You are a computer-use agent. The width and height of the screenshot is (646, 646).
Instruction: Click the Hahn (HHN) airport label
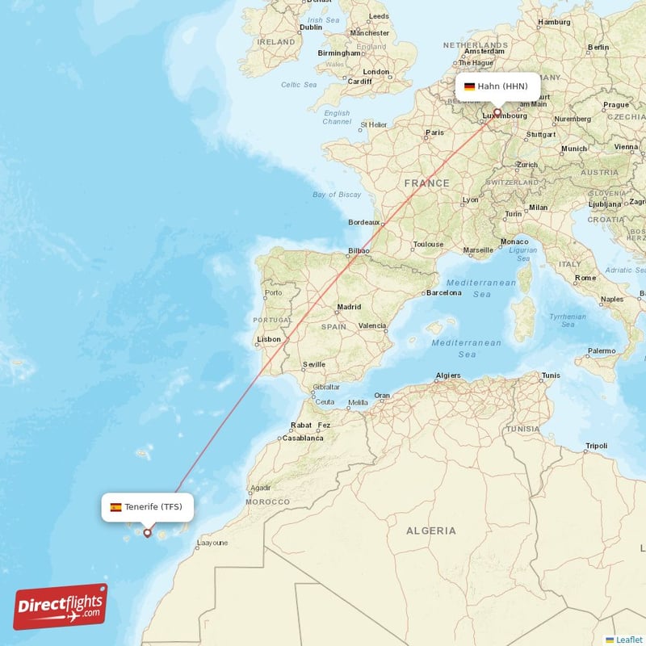point(502,86)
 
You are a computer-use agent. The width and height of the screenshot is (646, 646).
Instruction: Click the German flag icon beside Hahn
point(469,86)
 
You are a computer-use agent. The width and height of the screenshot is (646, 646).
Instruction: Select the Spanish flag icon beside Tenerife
point(116,507)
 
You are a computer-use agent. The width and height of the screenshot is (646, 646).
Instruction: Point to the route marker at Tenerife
point(147,532)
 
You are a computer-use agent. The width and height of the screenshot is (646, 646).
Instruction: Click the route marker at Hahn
point(497,113)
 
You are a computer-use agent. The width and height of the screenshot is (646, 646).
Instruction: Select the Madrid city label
point(349,307)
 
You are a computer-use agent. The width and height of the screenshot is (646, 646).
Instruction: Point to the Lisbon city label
point(268,340)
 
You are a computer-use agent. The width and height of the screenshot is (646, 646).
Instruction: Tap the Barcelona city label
point(443,292)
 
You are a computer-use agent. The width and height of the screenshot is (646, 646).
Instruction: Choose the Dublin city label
point(311,27)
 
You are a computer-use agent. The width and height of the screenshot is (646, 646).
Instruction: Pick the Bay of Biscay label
point(337,195)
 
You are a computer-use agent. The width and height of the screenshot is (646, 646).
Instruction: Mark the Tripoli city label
point(596,446)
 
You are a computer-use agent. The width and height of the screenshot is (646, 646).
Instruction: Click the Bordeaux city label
point(363,222)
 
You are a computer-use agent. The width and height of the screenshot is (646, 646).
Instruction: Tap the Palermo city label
point(601,351)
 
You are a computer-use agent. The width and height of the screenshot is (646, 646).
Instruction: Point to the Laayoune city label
point(212,543)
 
